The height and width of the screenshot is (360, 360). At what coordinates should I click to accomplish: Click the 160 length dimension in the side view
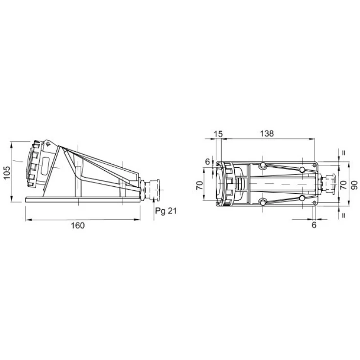pos(78,225)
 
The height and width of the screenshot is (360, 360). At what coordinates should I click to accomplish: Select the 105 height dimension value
pos(7,173)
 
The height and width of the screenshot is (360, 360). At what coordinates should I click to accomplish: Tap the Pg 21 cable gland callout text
pos(166,211)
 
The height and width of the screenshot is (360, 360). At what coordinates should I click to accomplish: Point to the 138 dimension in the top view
pos(267,134)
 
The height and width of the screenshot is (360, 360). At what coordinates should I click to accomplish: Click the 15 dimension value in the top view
pos(218,134)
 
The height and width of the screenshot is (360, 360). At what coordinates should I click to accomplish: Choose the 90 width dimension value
pos(354,185)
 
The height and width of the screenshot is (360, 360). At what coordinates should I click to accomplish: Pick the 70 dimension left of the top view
pos(200,185)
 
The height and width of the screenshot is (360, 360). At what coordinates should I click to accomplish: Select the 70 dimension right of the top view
pos(343,185)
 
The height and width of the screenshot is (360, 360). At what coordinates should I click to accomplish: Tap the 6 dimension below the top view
pos(314,225)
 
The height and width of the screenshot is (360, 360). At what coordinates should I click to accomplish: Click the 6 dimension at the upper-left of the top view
pos(207,162)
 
